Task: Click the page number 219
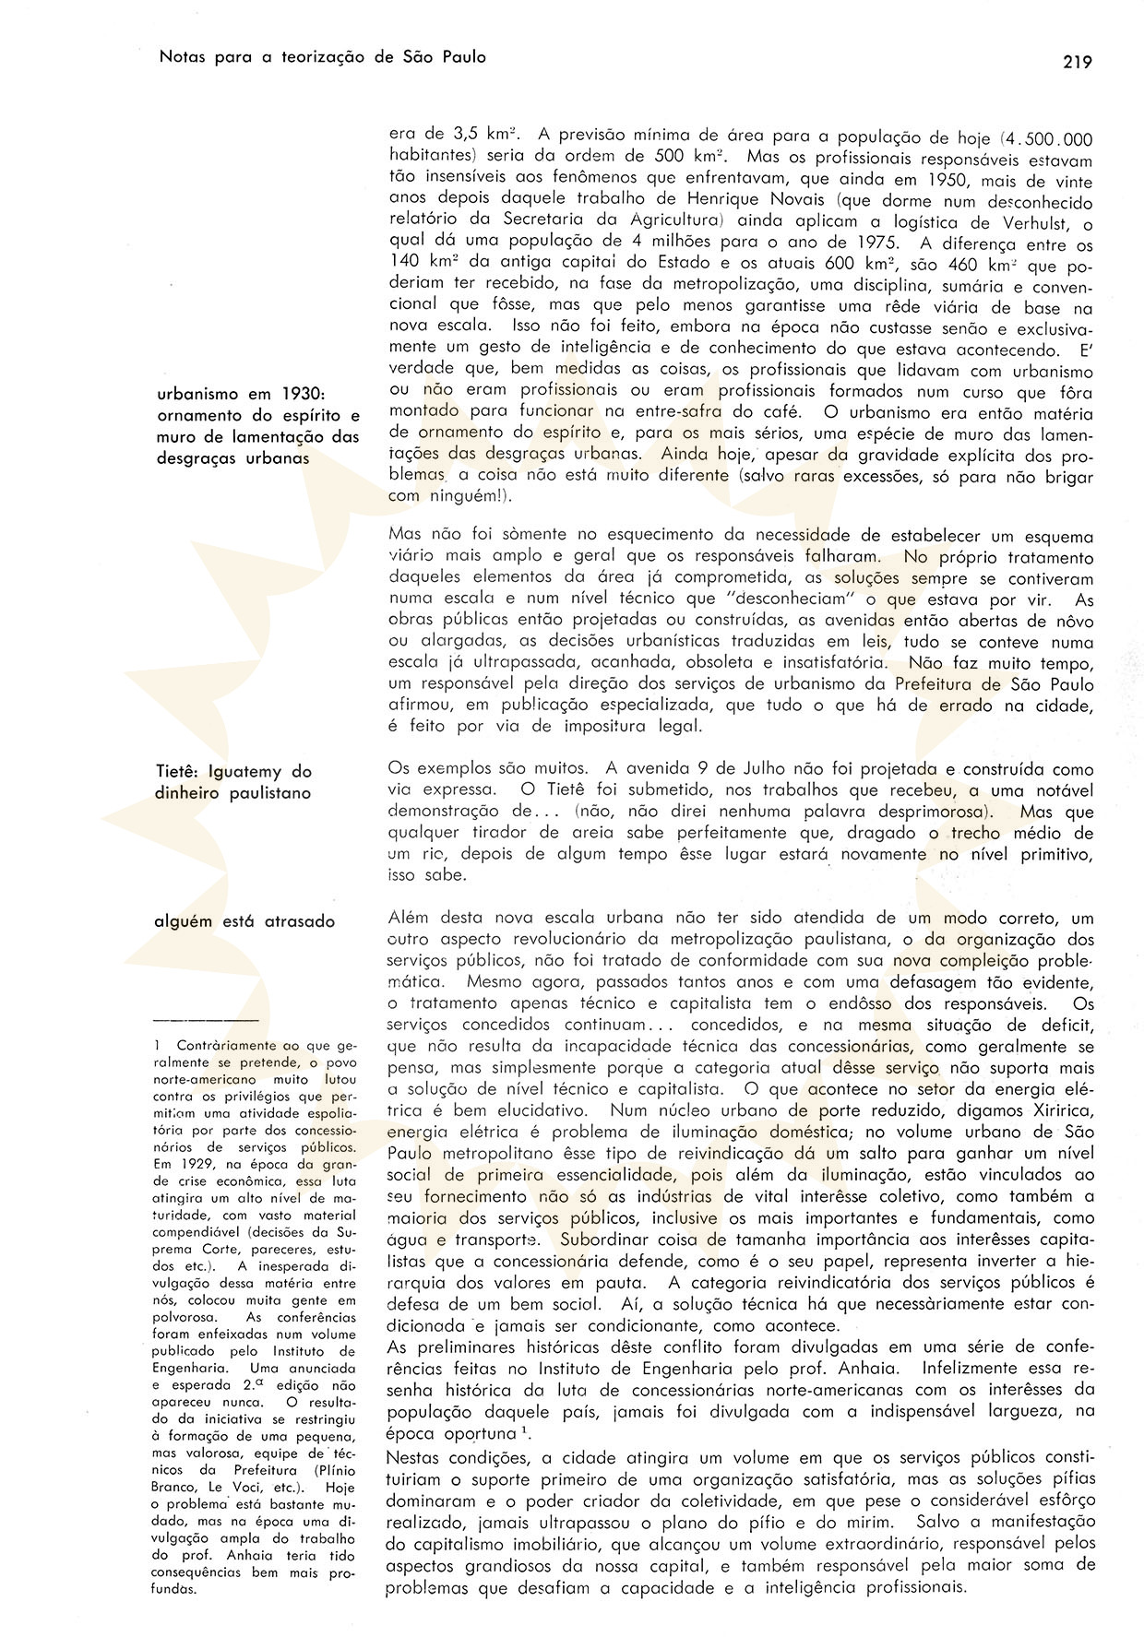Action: (1077, 63)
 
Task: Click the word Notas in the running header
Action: (181, 57)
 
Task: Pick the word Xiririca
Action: (1059, 1109)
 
